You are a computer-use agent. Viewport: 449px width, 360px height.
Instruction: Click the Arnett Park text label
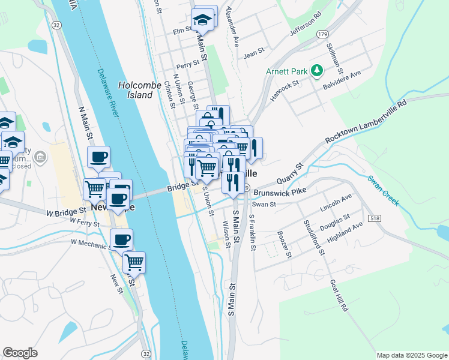286,71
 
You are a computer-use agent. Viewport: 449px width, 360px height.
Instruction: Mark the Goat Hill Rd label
339,295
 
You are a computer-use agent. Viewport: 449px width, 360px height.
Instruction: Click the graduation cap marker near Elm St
203,20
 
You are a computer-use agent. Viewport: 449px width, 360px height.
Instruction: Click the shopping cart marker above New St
134,262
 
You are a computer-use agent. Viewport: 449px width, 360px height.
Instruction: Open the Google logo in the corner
20,353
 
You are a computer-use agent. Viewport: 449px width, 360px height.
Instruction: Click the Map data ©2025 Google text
411,355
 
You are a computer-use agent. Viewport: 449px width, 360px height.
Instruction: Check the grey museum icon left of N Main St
40,158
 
